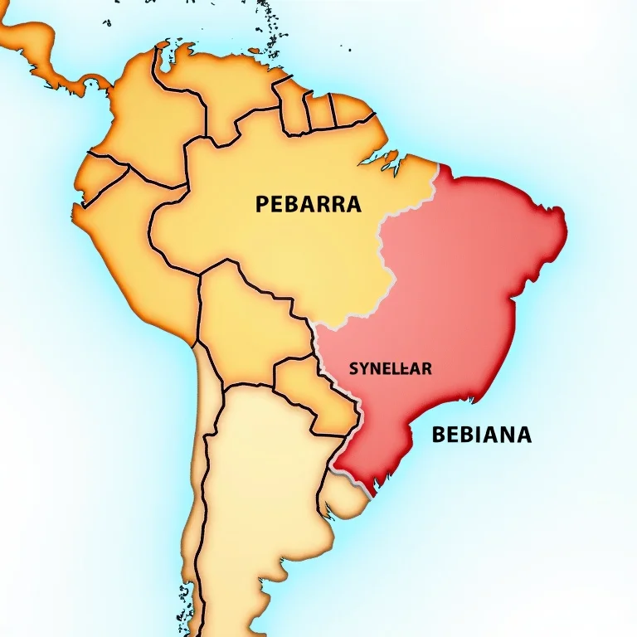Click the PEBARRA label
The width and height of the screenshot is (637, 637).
[x=308, y=204]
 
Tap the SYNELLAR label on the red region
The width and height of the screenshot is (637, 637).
[x=390, y=369]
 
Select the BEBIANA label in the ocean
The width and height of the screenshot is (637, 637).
[x=481, y=434]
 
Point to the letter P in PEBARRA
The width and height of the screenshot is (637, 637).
[x=263, y=204]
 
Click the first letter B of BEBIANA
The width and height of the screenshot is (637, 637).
[x=440, y=434]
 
